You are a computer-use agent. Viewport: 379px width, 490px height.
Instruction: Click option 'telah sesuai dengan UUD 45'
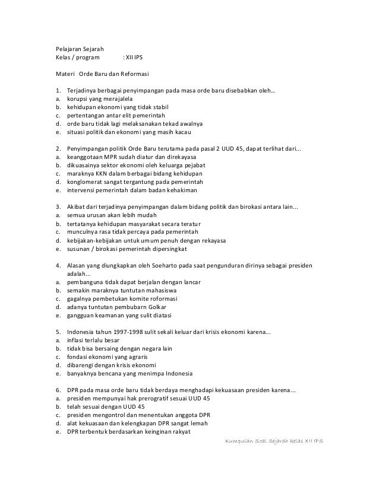(105, 406)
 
